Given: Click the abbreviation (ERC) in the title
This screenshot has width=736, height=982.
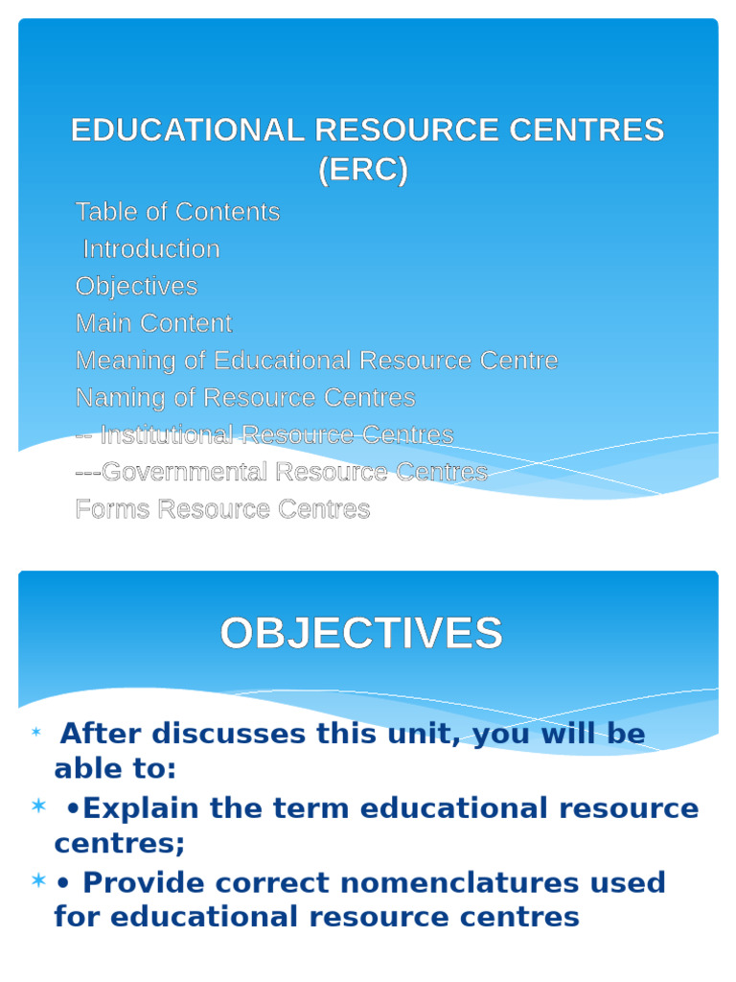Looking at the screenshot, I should [363, 171].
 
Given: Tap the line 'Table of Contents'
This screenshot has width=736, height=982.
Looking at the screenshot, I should [177, 212].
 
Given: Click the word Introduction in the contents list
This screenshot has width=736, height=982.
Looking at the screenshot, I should [151, 249].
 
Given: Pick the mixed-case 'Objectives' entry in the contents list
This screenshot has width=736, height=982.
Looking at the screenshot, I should [136, 287].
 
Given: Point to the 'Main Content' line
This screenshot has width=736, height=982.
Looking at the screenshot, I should [153, 323].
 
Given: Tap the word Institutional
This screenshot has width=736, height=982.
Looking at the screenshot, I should [167, 435].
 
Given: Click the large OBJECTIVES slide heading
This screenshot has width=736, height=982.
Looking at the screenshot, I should [361, 634].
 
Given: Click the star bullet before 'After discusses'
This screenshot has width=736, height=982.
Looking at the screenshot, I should [36, 734].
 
